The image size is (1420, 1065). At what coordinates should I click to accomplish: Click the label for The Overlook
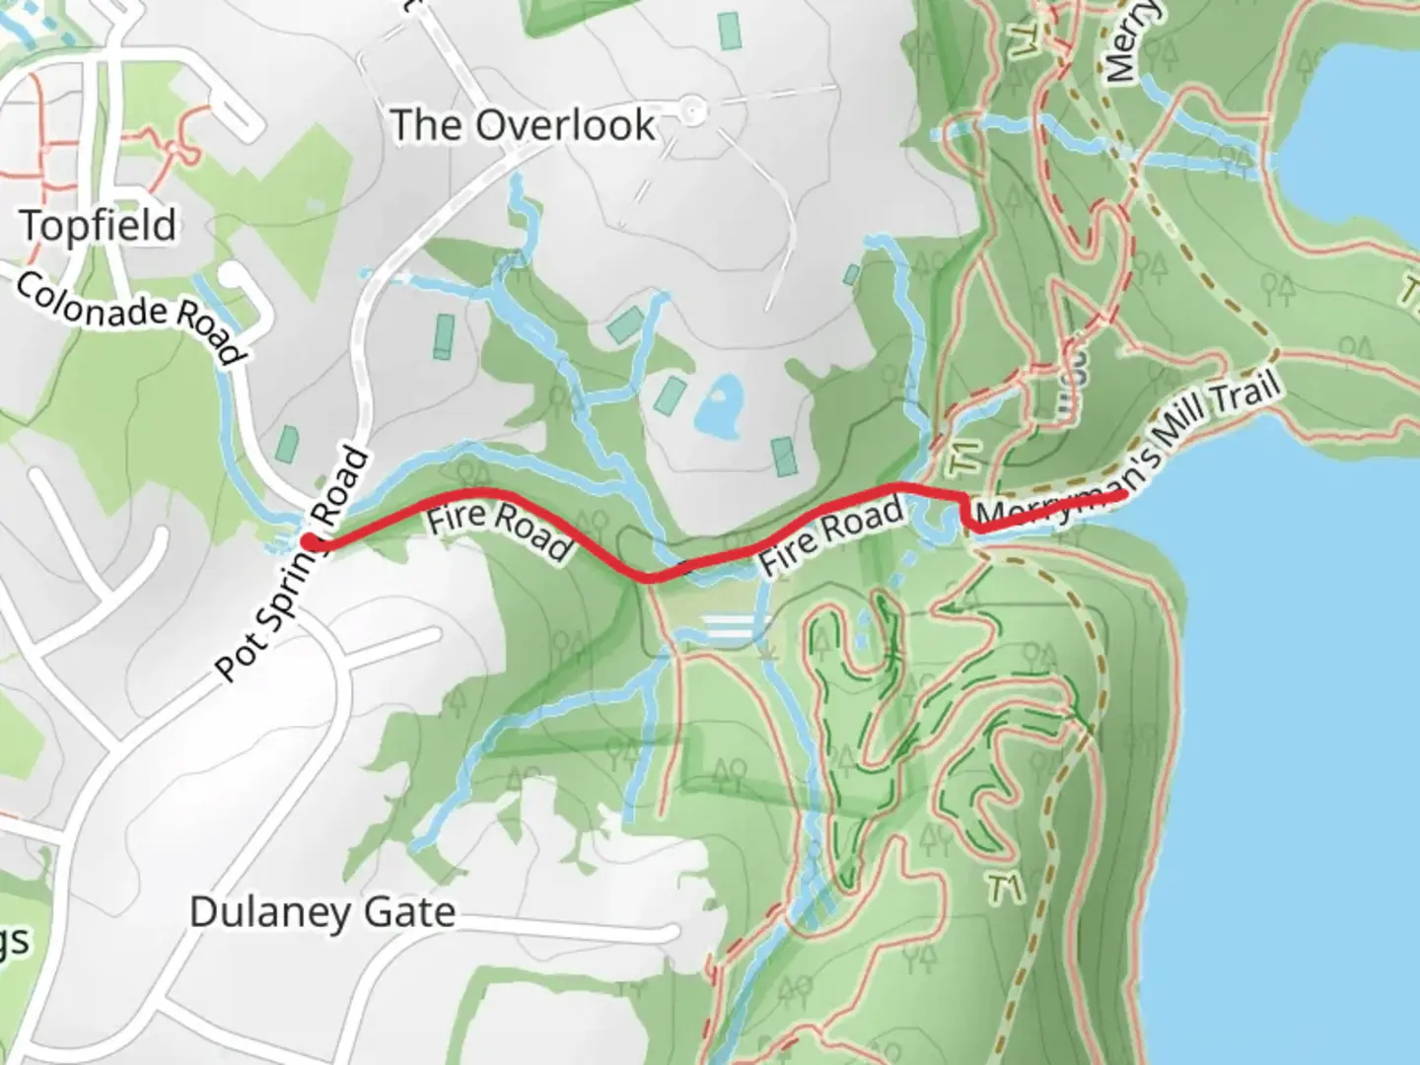[x=523, y=125]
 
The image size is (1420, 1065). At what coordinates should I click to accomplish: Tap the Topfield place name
[x=99, y=226]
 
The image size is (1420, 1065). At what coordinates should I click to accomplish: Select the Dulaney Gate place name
[x=322, y=912]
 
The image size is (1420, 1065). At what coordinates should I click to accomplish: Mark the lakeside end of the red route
[x=1122, y=494]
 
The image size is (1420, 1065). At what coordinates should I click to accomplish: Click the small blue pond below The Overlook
[x=718, y=405]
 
